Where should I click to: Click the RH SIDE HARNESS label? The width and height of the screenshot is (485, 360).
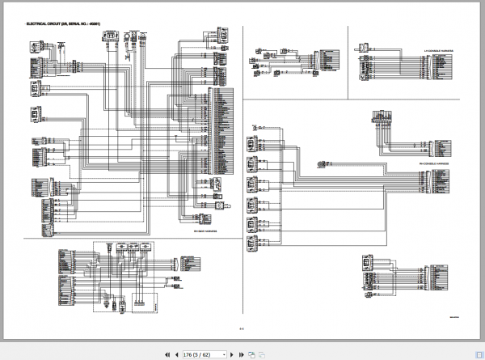click(205, 231)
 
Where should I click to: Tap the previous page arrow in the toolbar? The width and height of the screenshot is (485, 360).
click(176, 354)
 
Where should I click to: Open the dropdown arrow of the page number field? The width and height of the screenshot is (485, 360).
click(225, 354)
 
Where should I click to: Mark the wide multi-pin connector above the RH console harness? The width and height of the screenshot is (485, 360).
click(383, 118)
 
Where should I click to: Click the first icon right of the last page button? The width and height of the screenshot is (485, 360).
click(251, 354)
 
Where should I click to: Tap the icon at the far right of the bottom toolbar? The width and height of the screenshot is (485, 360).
click(262, 354)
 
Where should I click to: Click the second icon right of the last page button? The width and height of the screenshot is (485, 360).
click(262, 354)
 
